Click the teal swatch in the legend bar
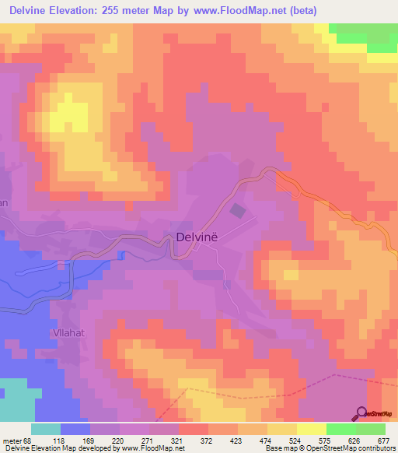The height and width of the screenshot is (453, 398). click(46, 429)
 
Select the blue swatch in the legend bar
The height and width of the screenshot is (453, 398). click(75, 429)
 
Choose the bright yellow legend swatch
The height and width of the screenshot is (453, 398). click(312, 429)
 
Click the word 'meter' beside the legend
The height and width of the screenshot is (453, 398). click(10, 440)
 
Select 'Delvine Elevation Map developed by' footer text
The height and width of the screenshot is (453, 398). click(56, 449)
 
